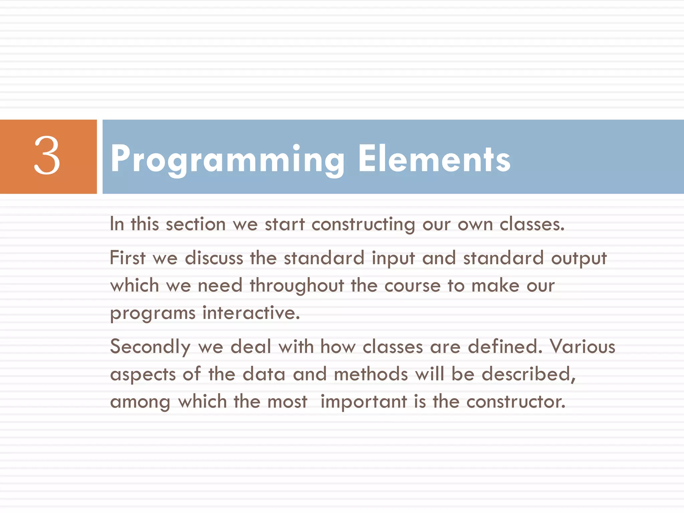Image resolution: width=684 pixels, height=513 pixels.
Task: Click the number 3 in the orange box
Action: tap(47, 156)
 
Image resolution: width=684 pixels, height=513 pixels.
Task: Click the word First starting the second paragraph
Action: tap(127, 258)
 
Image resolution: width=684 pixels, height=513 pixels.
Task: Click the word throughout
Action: tap(297, 286)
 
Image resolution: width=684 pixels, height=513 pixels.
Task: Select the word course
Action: tap(412, 286)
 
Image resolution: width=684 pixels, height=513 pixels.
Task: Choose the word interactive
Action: tap(251, 313)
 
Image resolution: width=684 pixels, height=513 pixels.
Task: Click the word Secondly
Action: tap(150, 347)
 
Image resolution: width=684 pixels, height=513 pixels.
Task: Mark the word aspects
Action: tap(143, 375)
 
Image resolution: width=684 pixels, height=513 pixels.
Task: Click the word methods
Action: tap(371, 374)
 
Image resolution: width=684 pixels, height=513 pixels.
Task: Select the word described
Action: tap(528, 374)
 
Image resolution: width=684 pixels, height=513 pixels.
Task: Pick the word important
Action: tap(363, 402)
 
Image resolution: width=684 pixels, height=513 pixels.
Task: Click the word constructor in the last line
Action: tap(516, 402)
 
